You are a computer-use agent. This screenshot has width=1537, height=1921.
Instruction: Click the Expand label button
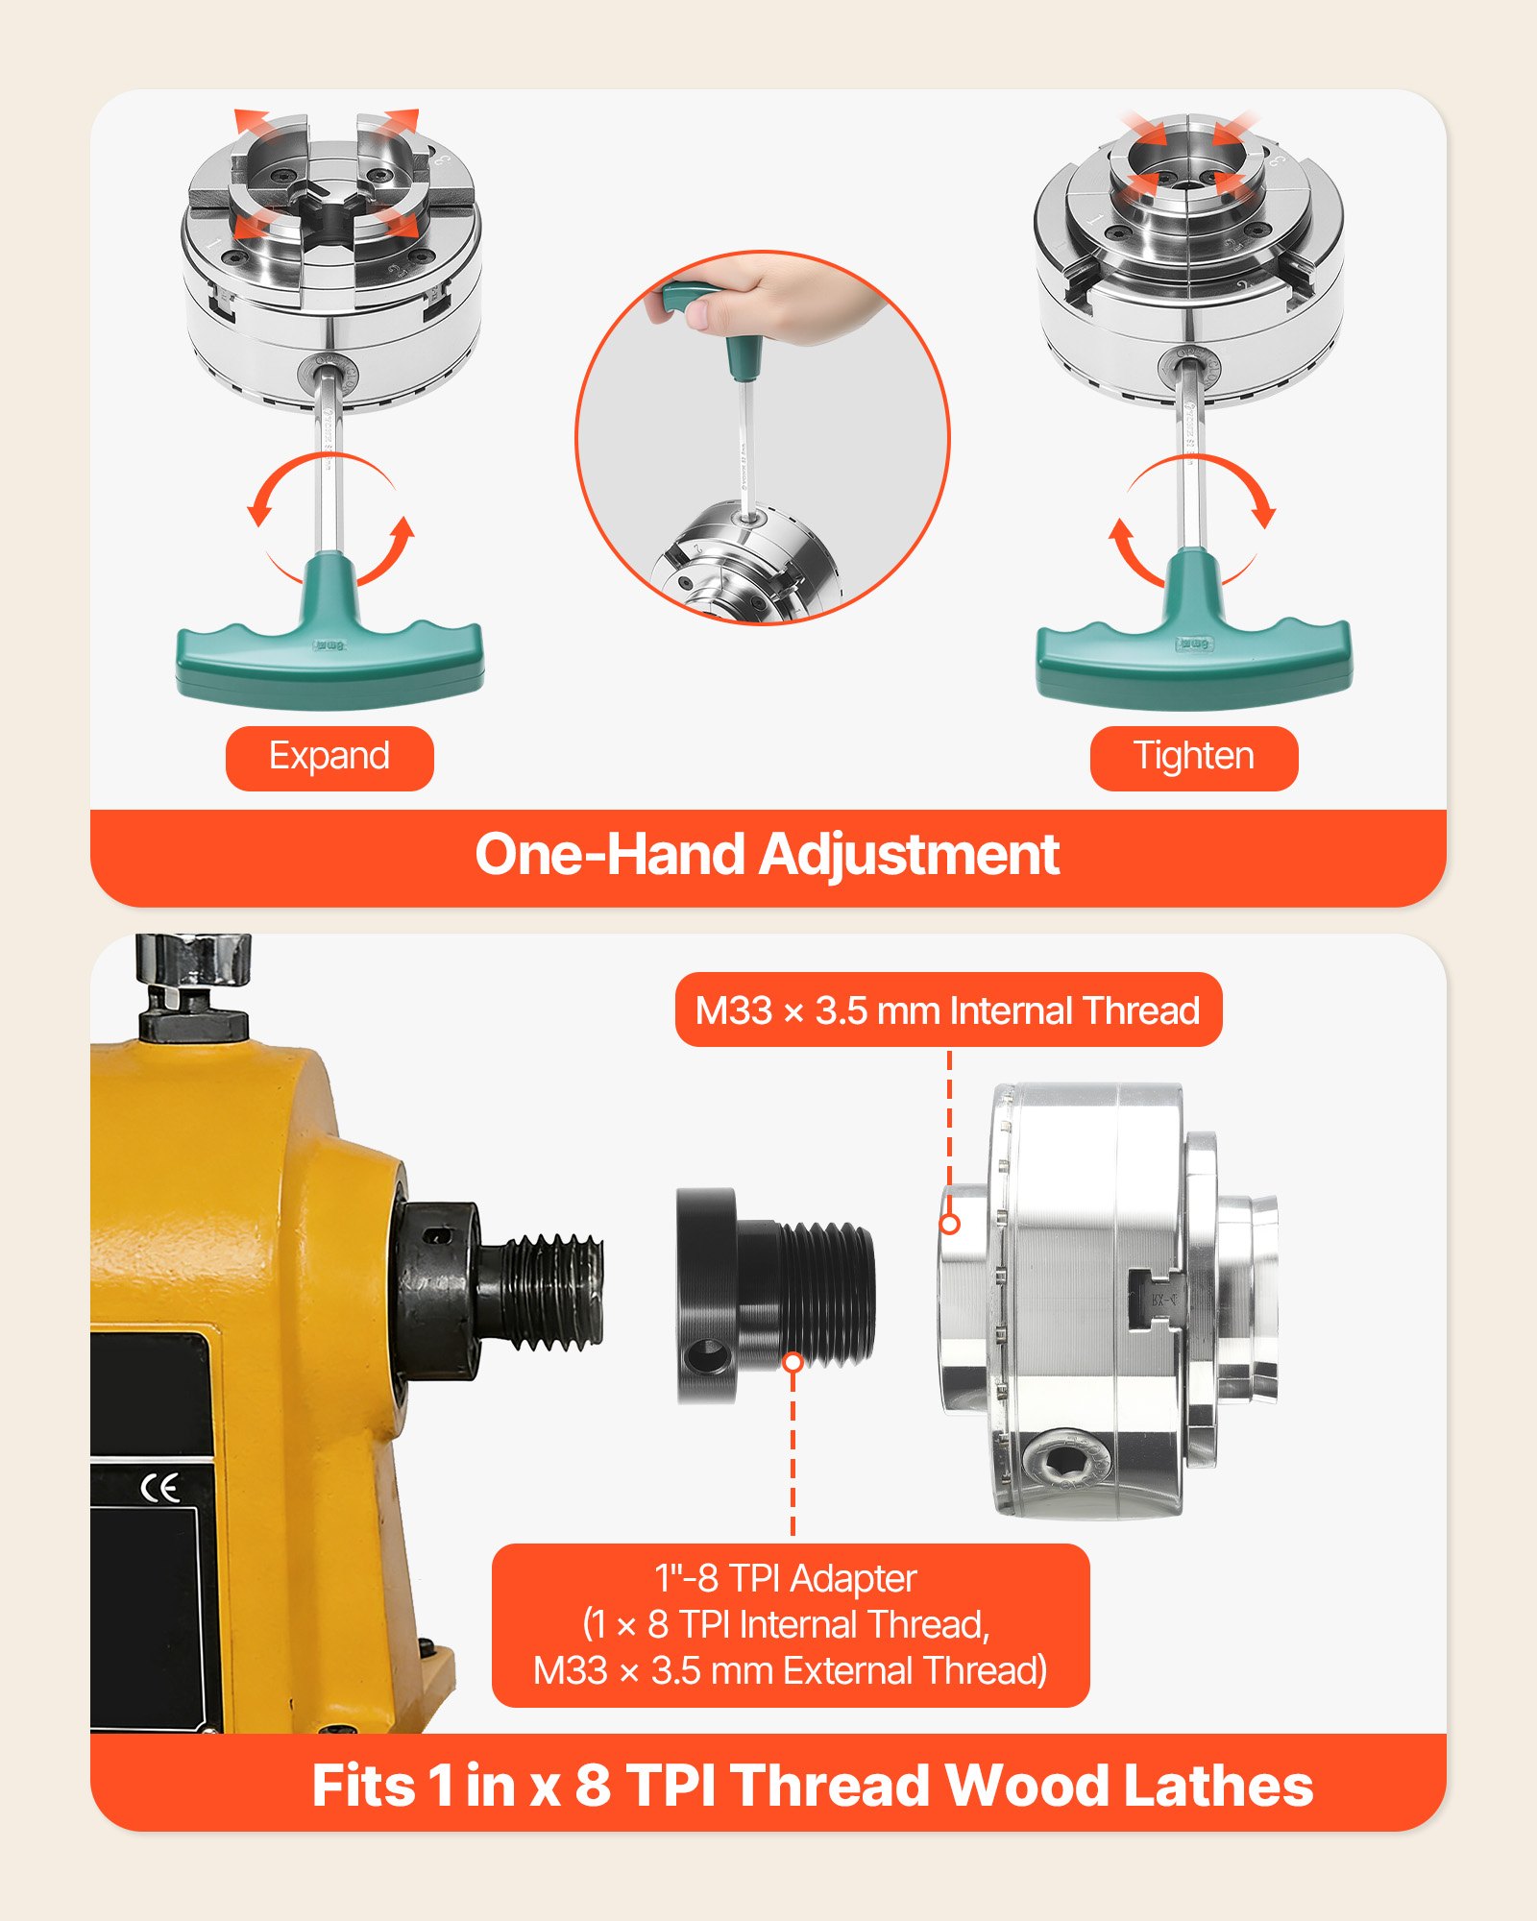coord(329,758)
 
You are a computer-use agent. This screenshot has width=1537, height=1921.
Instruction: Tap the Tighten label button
coord(1194,758)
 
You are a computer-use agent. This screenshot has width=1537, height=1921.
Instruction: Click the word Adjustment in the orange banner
coord(911,854)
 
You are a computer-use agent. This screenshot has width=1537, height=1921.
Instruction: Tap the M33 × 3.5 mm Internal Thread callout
coord(948,1010)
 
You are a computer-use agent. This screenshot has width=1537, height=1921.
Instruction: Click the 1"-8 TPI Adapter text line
coord(786,1579)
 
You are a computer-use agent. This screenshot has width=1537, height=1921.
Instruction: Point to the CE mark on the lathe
coord(160,1488)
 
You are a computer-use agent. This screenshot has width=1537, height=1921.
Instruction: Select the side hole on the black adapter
coord(708,1357)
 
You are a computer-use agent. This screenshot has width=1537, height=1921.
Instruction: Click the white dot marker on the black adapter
coord(793,1362)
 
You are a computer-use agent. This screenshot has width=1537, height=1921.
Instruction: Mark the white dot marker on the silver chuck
coord(949,1224)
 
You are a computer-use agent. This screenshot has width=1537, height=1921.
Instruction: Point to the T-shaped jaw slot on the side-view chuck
coord(1155,1301)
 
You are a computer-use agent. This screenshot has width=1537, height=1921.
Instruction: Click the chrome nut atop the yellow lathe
coord(193,960)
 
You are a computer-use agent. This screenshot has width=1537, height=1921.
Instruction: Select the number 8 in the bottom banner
coord(593,1786)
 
